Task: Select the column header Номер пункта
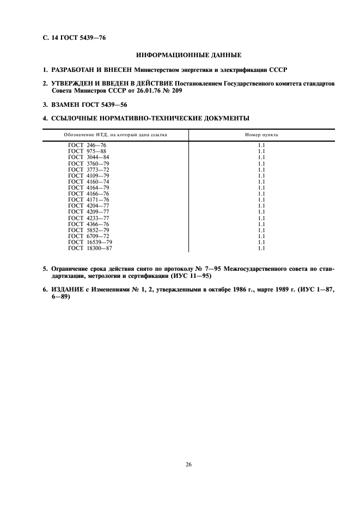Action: (261, 135)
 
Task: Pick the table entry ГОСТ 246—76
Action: (88, 145)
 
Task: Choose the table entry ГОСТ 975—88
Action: (88, 151)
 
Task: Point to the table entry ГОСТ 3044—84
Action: (89, 157)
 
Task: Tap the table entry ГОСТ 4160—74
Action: (89, 181)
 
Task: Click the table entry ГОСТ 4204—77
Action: (89, 205)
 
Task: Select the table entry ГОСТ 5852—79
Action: (89, 229)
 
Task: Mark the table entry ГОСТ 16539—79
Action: (90, 242)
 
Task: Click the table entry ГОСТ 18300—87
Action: (90, 248)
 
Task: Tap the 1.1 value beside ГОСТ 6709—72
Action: (261, 236)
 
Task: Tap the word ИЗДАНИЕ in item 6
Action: (68, 290)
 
